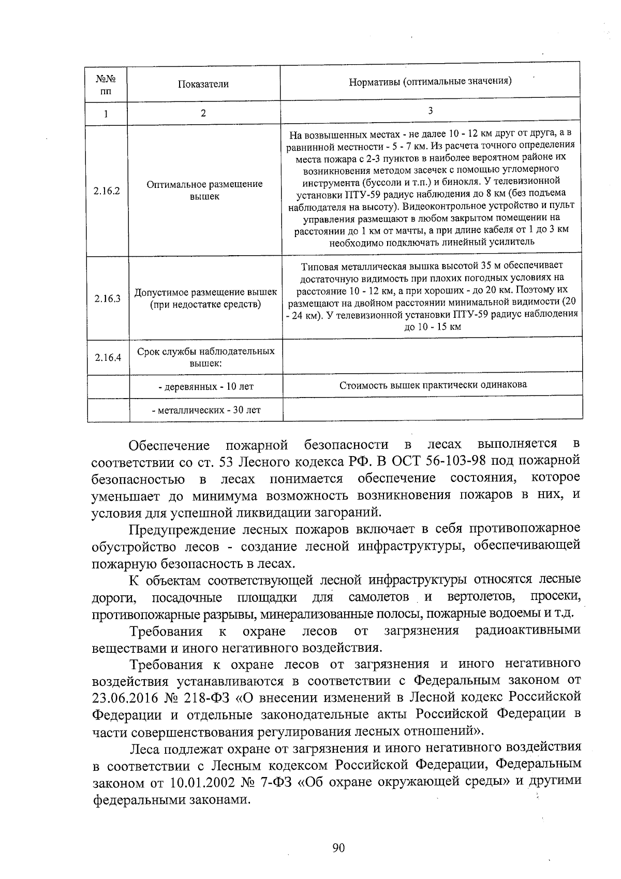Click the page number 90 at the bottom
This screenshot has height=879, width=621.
coord(338,847)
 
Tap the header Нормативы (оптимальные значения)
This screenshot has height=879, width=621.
coord(430,81)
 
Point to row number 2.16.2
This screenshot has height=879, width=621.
coord(107,191)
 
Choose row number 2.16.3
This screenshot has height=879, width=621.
coord(107,299)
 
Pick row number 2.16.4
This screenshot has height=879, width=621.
coord(108,357)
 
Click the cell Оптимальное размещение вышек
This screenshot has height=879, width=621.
coord(204,190)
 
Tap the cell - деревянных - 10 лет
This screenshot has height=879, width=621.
coord(205,387)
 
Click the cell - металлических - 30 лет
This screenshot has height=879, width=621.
coord(205,410)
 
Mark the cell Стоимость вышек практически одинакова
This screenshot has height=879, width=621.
coord(433,385)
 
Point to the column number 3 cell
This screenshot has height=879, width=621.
coord(430,111)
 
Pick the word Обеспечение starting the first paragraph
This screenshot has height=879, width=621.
coord(169,445)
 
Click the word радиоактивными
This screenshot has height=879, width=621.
coord(527,631)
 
